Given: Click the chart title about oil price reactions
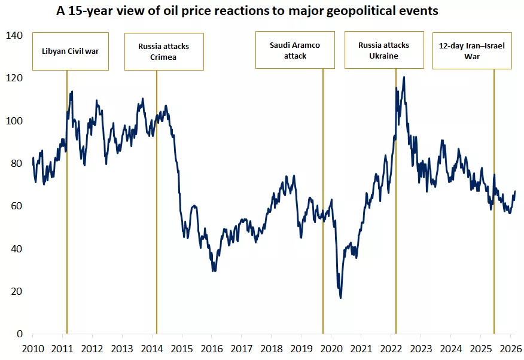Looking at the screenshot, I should (x=247, y=11).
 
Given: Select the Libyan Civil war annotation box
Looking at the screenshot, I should (x=71, y=51).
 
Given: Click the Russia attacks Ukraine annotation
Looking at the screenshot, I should (x=383, y=50).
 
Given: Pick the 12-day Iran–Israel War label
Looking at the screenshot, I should (x=472, y=51).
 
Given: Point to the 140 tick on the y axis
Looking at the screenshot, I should (x=14, y=36).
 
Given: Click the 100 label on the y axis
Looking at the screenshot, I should (x=14, y=121).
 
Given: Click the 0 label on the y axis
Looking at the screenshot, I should (x=19, y=334).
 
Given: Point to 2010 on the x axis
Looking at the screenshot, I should (x=32, y=349).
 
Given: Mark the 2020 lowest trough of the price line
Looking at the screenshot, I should (x=341, y=297).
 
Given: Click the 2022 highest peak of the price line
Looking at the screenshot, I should (x=404, y=77).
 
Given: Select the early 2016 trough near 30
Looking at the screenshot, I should (x=214, y=270).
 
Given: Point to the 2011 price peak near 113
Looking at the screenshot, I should (x=72, y=92).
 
